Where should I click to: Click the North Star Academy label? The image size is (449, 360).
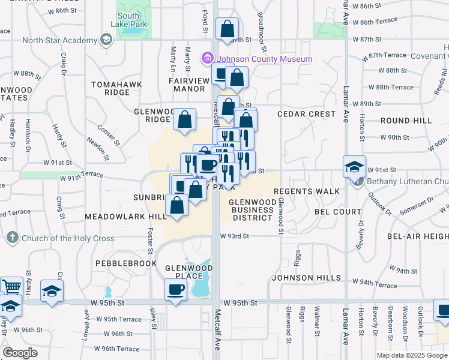coord(59,40)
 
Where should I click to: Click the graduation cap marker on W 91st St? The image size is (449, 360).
coord(354,166)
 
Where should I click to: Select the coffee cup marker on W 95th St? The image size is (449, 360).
coord(175,290)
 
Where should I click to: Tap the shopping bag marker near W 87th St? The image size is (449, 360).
coord(228,28)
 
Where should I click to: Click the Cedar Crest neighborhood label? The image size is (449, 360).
coord(306,114)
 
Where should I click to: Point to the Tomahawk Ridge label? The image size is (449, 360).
coord(116,88)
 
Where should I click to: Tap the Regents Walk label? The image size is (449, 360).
coord(307,191)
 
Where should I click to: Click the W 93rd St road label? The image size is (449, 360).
coord(234,236)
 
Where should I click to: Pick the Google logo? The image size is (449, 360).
coord(20,353)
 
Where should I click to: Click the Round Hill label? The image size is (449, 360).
coord(406,120)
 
